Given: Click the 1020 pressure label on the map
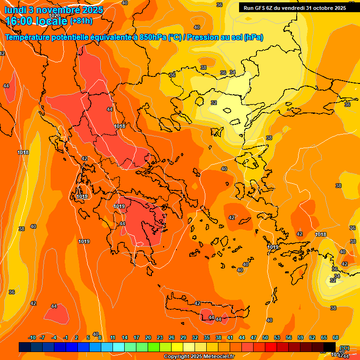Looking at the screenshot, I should click(54, 15).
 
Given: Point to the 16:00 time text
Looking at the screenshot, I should click(19, 21).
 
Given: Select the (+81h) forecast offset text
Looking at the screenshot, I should click(81, 21).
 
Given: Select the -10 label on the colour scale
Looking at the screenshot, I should click(32, 338).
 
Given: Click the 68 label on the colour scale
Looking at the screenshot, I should click(336, 338).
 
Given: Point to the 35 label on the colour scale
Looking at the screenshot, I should click(207, 338).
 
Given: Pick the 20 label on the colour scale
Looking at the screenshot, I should click(148, 338).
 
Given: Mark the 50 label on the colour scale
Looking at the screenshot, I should click(265, 338).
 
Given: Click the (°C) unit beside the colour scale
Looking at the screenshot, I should click(344, 348).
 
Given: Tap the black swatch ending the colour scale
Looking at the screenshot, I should click(330, 347).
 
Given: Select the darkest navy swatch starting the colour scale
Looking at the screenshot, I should click(25, 347).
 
